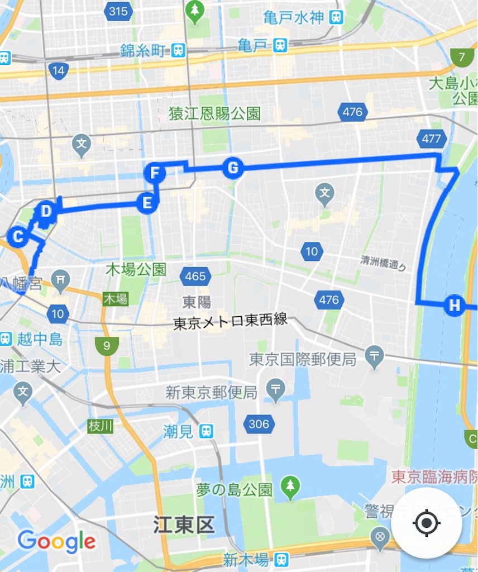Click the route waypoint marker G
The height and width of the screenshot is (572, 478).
(x=233, y=168)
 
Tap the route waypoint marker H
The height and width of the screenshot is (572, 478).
(x=455, y=305)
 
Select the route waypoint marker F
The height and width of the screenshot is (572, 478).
(x=155, y=173)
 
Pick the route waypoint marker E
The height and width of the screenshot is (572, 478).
(x=147, y=202)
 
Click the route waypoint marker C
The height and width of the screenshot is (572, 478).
(x=18, y=237)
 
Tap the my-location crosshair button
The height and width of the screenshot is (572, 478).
(x=427, y=523)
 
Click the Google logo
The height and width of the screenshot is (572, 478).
(x=56, y=541)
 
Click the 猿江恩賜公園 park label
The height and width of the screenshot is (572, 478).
(x=215, y=114)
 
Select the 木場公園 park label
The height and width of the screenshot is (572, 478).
(x=136, y=270)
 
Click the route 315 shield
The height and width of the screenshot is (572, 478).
(x=118, y=11)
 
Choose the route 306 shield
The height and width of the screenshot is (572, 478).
(x=259, y=424)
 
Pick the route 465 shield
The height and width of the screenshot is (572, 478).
(x=195, y=275)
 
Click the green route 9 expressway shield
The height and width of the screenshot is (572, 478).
(x=106, y=346)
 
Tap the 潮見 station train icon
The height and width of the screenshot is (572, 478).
(x=207, y=431)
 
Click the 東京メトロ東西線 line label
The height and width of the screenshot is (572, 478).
(x=230, y=321)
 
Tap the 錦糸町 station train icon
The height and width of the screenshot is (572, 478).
(x=178, y=50)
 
